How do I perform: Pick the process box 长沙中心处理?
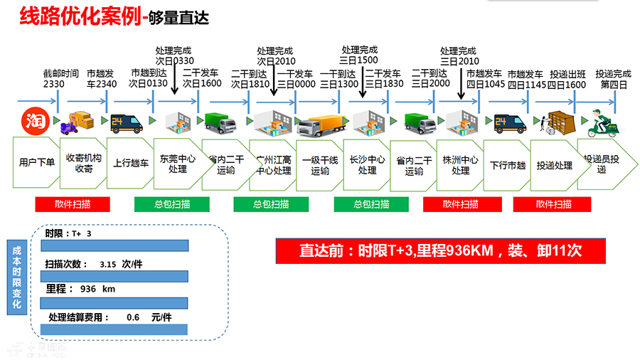click(367, 164)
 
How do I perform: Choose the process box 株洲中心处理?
click(460, 164)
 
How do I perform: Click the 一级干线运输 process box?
click(320, 165)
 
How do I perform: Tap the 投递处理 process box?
click(555, 165)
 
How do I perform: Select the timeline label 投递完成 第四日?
click(613, 78)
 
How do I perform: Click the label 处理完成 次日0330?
click(174, 55)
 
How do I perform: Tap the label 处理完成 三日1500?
click(359, 55)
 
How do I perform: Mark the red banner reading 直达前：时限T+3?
click(441, 250)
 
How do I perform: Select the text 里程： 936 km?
click(80, 289)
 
